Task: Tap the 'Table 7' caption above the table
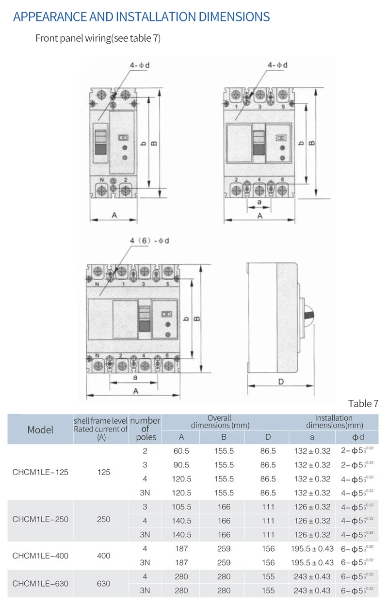click(363, 403)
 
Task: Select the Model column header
click(40, 430)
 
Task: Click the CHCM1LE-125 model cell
click(40, 472)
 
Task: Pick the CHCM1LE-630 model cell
click(40, 583)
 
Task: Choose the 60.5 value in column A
click(181, 451)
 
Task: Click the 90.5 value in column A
click(181, 465)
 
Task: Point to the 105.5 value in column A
click(181, 507)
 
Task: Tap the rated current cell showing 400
click(103, 556)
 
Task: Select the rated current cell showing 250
click(103, 519)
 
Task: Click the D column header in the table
click(268, 437)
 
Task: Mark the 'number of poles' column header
click(145, 429)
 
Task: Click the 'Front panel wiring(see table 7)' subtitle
click(98, 38)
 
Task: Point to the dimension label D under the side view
click(281, 382)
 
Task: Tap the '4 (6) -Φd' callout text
click(149, 241)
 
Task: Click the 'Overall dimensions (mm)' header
click(220, 421)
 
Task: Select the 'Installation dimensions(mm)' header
click(334, 421)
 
